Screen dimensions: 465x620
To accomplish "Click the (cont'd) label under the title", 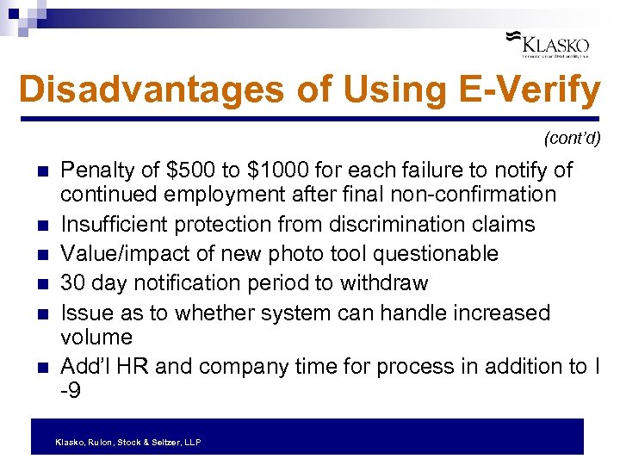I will (x=572, y=137).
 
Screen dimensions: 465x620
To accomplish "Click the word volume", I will (x=96, y=338).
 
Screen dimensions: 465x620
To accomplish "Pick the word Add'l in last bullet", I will (x=85, y=366).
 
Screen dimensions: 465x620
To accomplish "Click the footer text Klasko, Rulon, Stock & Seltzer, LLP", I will (x=127, y=442).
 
